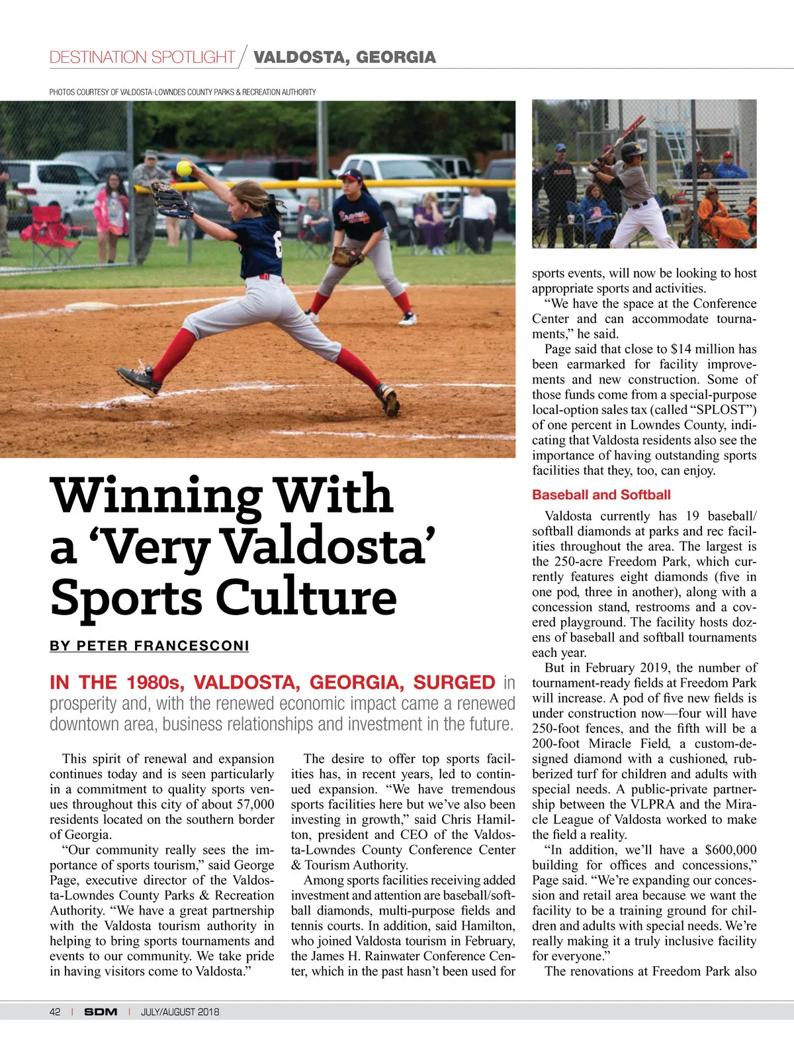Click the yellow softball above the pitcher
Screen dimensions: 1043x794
(x=184, y=168)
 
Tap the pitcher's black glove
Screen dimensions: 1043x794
(x=172, y=199)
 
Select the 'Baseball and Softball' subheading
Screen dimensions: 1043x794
(x=601, y=495)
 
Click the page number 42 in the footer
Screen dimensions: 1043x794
(x=55, y=1012)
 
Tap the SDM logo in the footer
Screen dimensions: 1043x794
(x=101, y=1012)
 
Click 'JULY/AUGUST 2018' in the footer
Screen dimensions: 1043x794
(x=180, y=1012)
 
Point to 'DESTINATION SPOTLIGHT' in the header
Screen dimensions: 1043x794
(x=142, y=58)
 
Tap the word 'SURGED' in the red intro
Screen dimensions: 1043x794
(x=454, y=682)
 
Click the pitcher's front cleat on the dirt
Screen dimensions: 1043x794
(x=139, y=379)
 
